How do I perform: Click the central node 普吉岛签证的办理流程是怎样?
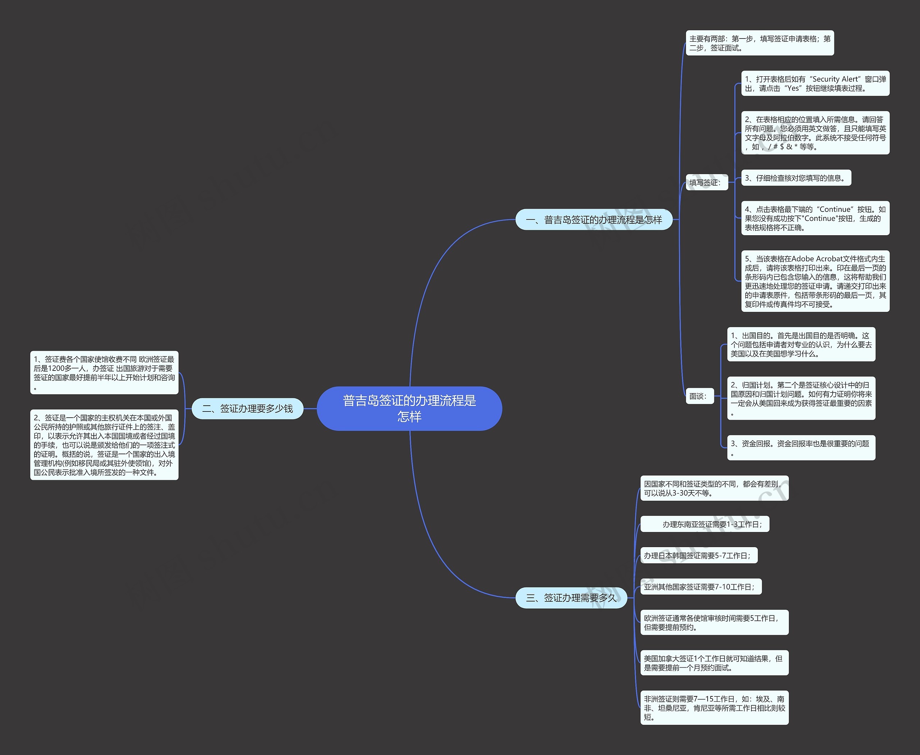pyautogui.click(x=409, y=408)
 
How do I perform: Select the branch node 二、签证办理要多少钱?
pyautogui.click(x=247, y=408)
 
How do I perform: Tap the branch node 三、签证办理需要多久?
pyautogui.click(x=571, y=597)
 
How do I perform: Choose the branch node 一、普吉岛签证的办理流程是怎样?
pyautogui.click(x=594, y=220)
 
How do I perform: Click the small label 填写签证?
pyautogui.click(x=707, y=183)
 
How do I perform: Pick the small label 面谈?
pyautogui.click(x=700, y=396)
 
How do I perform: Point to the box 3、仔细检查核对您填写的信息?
pyautogui.click(x=796, y=178)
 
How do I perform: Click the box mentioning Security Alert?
pyautogui.click(x=815, y=83)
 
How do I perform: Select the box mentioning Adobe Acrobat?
pyautogui.click(x=815, y=281)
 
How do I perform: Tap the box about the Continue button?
pyautogui.click(x=815, y=218)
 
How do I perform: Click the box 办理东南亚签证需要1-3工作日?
pyautogui.click(x=705, y=524)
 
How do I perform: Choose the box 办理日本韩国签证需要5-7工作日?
pyautogui.click(x=699, y=555)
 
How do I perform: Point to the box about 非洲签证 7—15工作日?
pyautogui.click(x=714, y=708)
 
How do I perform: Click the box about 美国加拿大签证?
pyautogui.click(x=714, y=663)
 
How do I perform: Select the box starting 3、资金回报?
pyautogui.click(x=801, y=448)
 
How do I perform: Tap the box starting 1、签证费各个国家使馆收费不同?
pyautogui.click(x=104, y=373)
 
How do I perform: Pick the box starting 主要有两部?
pyautogui.click(x=760, y=43)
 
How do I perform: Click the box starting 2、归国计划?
pyautogui.click(x=801, y=399)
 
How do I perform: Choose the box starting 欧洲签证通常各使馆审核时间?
pyautogui.click(x=714, y=622)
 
